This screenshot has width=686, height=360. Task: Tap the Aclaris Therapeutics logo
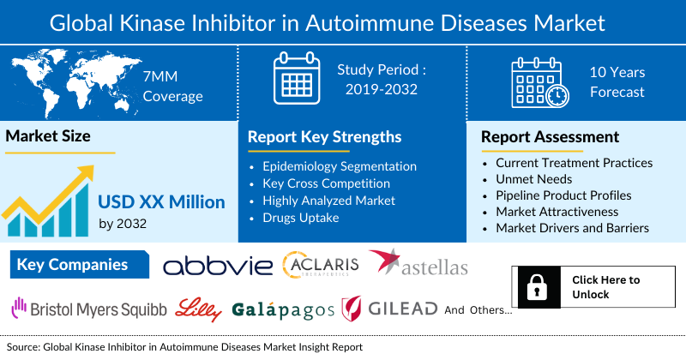[x=321, y=265]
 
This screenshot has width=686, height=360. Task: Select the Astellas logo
[x=419, y=264]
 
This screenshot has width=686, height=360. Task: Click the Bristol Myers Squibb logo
[x=89, y=309]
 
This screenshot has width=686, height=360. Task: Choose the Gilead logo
[x=389, y=309]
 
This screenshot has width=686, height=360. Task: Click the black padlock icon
[x=539, y=287]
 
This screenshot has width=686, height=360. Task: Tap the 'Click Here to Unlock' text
[x=605, y=287]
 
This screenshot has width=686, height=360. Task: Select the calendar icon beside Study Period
[x=295, y=79]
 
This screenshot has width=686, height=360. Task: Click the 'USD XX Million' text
[x=161, y=202]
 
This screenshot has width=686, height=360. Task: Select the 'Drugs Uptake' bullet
[x=304, y=217]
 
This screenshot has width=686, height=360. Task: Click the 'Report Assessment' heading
[x=550, y=137]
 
